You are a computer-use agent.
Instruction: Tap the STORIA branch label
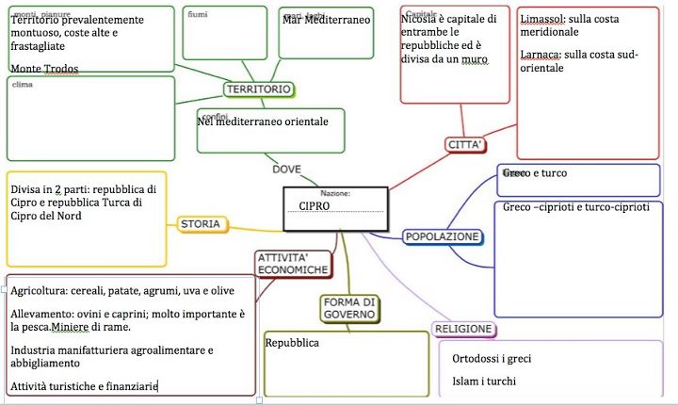pos(200,224)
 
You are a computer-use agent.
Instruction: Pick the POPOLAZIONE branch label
pos(443,236)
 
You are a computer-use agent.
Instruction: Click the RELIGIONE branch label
pos(463,329)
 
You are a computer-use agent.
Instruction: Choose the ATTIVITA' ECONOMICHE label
pos(293,264)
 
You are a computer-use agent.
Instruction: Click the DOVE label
pos(286,170)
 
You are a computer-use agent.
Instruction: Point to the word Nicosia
pos(419,19)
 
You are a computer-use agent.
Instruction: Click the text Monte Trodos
pos(44,69)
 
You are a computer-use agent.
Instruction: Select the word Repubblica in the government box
pos(292,343)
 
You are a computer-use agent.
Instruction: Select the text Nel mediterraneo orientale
pos(263,122)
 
